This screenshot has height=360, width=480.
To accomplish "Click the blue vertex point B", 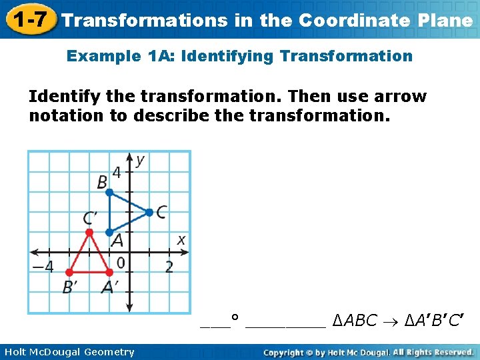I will point(110,193).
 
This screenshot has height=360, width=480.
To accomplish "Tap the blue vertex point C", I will point(149,213).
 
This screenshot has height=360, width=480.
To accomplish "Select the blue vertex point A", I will point(110,232).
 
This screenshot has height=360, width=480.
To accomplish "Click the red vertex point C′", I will point(89,232).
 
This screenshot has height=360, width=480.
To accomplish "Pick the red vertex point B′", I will point(69,272).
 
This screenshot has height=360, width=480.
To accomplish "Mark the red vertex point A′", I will point(110,272).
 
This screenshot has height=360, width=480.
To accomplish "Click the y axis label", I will point(140,161).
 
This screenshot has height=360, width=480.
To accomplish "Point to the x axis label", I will point(181,239).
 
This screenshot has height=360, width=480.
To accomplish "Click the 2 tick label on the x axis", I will point(169,267).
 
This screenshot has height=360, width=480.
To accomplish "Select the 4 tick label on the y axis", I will point(117,173).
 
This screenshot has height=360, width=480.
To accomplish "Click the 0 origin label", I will point(121,263).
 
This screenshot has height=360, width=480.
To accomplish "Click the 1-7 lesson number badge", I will point(27,19).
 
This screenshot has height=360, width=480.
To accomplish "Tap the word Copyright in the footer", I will point(287,352).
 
